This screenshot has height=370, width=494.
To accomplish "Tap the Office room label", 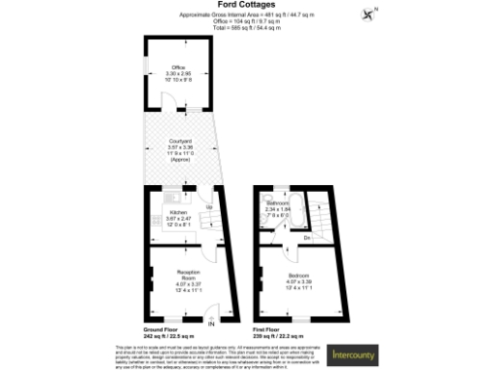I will [178, 66].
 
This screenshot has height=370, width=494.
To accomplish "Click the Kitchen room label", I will [178, 212].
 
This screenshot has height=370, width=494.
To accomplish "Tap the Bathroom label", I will [279, 203].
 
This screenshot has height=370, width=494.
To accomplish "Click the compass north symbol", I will [368, 13].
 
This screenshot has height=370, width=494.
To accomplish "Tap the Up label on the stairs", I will [208, 206].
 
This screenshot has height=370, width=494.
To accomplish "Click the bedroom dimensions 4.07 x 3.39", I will [297, 280].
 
